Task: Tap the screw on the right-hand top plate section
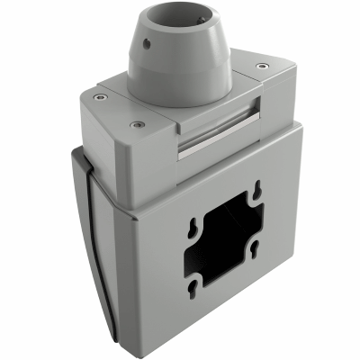(x=261, y=66)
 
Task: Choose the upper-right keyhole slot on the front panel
(x=257, y=190)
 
